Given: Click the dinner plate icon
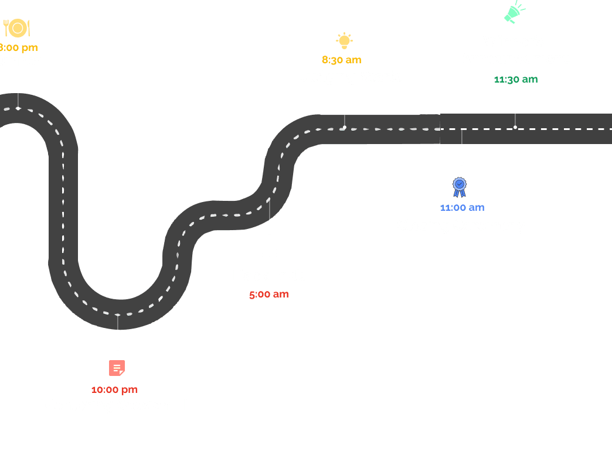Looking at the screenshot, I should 17,28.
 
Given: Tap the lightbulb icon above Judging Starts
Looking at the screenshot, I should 344,40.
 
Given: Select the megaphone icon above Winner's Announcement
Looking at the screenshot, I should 514,12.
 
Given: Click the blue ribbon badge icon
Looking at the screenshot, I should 460,187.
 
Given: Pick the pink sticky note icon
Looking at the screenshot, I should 117,368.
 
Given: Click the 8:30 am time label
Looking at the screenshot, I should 342,60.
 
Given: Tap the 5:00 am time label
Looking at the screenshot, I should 268,294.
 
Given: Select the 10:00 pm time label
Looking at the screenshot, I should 114,389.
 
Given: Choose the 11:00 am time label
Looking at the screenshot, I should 463,207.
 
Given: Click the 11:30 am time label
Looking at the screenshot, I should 516,80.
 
